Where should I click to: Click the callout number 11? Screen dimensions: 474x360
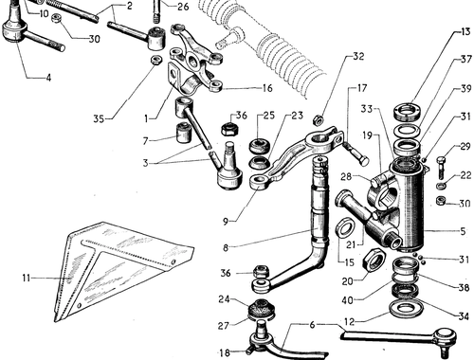26,279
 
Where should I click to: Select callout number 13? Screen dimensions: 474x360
465,31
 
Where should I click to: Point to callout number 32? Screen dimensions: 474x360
358,57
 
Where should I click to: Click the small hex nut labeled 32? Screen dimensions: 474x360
317,120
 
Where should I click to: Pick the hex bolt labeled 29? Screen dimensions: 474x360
442,167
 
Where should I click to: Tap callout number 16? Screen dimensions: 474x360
267,88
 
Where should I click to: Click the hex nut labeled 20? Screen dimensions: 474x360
373,260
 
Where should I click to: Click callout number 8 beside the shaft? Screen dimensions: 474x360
226,247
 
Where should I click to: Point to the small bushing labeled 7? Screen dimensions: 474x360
184,133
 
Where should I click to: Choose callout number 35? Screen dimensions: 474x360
99,119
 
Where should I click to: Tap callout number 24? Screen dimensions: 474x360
224,298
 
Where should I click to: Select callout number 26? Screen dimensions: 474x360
183,7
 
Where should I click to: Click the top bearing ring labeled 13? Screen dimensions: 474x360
407,112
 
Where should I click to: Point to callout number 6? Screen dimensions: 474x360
312,325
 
